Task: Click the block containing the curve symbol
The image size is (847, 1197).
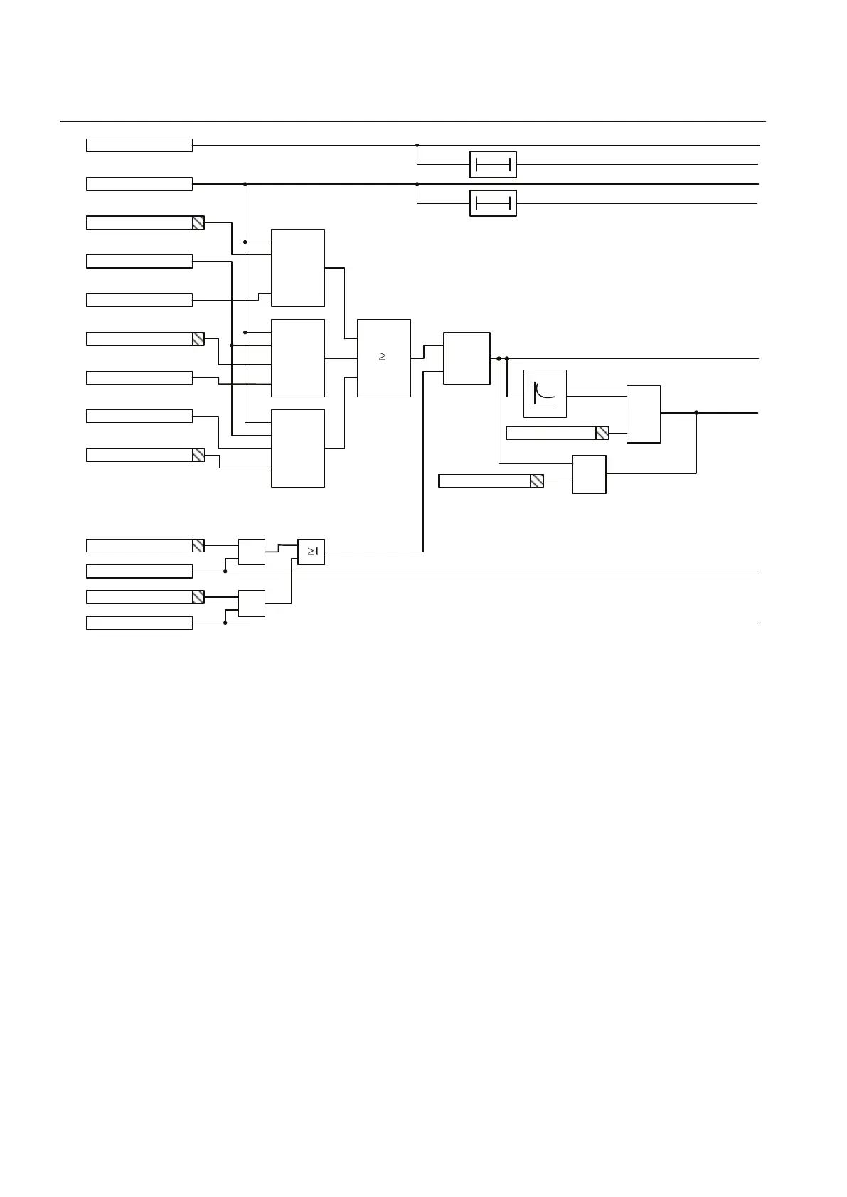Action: click(x=545, y=393)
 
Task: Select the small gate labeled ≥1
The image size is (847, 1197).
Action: click(x=311, y=552)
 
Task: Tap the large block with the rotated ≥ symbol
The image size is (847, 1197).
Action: click(x=384, y=358)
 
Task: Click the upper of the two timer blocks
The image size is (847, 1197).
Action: click(x=493, y=165)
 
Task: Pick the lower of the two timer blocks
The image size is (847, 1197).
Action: click(x=493, y=203)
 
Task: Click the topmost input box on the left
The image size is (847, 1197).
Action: click(x=139, y=146)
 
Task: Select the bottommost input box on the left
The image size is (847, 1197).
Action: click(x=139, y=623)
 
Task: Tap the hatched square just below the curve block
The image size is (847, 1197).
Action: click(x=602, y=433)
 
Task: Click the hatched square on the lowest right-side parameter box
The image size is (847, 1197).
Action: click(x=536, y=481)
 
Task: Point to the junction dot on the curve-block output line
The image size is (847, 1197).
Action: click(x=696, y=412)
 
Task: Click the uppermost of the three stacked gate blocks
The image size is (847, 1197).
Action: click(x=298, y=268)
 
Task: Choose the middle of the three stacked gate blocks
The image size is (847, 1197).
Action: click(x=298, y=358)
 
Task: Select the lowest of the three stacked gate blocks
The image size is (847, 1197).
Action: click(x=298, y=448)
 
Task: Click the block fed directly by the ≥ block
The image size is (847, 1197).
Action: click(x=467, y=358)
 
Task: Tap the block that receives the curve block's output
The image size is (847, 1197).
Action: click(x=643, y=414)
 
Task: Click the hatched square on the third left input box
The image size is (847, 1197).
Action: click(x=198, y=223)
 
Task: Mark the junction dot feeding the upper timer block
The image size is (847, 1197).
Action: click(x=417, y=146)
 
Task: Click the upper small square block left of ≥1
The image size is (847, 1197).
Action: click(x=251, y=552)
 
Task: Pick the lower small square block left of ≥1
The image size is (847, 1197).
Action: click(x=251, y=603)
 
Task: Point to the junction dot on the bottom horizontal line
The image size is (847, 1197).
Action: click(x=225, y=623)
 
